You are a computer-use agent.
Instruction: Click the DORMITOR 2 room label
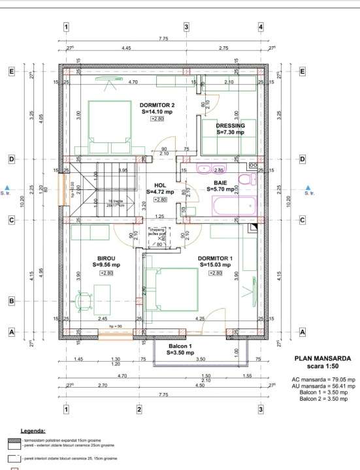(157, 105)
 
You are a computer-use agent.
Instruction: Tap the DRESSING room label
(230, 125)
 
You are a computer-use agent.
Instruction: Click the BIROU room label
(106, 258)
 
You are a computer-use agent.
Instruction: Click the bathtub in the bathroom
(233, 206)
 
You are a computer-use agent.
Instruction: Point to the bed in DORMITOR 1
(171, 290)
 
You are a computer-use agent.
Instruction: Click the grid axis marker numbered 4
(261, 27)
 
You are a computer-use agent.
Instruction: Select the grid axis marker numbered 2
(139, 409)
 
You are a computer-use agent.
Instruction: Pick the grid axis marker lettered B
(11, 301)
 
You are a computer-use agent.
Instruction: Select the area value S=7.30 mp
(230, 133)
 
